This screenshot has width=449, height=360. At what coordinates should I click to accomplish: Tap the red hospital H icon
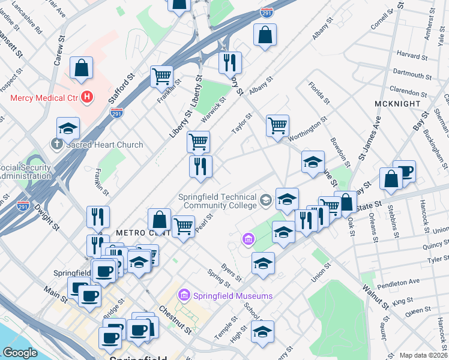tap(88, 96)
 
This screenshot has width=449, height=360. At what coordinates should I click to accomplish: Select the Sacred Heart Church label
tap(104, 145)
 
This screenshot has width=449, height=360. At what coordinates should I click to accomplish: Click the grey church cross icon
tap(56, 144)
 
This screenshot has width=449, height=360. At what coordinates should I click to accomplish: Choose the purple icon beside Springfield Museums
tap(184, 295)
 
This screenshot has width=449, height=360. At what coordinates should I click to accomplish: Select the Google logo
tap(20, 353)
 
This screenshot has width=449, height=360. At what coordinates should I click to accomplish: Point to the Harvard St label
tap(411, 55)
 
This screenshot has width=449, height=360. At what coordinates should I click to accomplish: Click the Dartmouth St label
tap(413, 74)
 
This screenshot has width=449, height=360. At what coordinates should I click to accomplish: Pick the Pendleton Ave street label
tap(397, 281)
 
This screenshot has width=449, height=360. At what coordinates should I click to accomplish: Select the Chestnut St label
tap(175, 320)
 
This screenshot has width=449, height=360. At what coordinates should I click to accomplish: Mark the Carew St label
tap(59, 52)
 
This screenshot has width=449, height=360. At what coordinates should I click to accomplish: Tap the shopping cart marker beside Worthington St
tap(277, 127)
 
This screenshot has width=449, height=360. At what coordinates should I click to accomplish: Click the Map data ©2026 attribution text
tap(424, 355)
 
